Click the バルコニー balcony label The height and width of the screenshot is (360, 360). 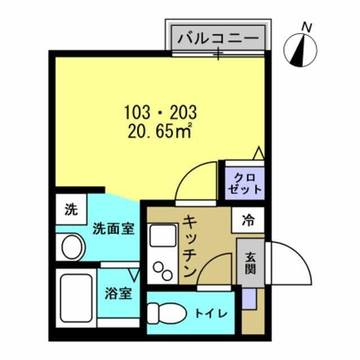(x=219, y=38)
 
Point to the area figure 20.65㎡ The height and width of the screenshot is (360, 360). (x=160, y=132)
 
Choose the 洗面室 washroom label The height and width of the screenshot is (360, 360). (x=113, y=228)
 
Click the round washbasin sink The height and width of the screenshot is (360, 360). (x=72, y=247)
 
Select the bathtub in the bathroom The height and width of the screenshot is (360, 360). (x=75, y=298)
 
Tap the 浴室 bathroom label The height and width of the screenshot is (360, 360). (x=119, y=294)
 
